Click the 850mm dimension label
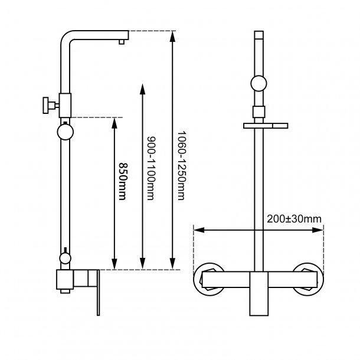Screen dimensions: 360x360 pyautogui.click(x=122, y=181)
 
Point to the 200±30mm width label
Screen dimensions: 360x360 pyautogui.click(x=294, y=219)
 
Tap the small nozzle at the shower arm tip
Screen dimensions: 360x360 pyautogui.click(x=122, y=41)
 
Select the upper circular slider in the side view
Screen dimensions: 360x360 pyautogui.click(x=65, y=131)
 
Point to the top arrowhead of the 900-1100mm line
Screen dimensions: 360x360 pyautogui.click(x=142, y=89)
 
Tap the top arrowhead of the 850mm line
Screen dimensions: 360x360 pyautogui.click(x=114, y=122)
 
